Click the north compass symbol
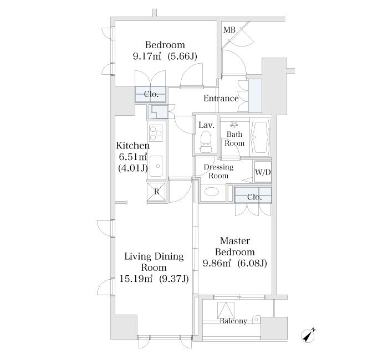(308, 336)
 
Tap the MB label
(229, 30)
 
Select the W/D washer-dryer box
(263, 172)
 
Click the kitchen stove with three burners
(156, 133)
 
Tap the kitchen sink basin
(156, 166)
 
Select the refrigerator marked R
(156, 192)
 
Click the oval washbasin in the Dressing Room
(212, 192)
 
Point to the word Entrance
(221, 99)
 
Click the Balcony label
(233, 321)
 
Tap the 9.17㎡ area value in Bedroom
(147, 56)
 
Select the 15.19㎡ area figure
(136, 279)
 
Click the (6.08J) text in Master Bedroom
(252, 263)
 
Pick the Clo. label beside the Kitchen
(151, 94)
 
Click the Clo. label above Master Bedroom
(254, 197)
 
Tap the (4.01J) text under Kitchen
(133, 168)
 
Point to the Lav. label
(206, 125)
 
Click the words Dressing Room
(218, 171)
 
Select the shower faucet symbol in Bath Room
(233, 124)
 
